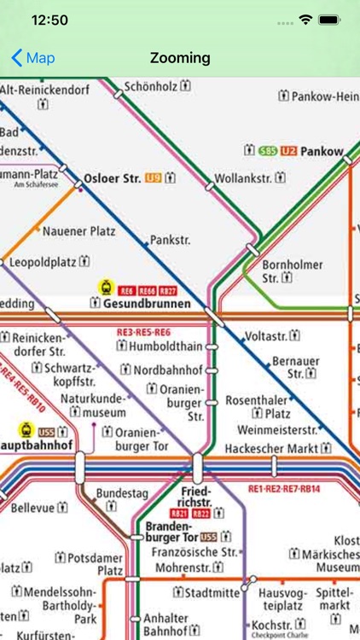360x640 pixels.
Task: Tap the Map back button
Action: pos(32,58)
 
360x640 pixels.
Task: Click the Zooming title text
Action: pos(179,58)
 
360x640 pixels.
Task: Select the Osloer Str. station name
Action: pos(113,179)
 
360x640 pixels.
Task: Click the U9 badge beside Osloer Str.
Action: pos(154,178)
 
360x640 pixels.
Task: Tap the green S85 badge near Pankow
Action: pos(268,151)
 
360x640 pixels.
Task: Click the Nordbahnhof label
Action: pos(168,370)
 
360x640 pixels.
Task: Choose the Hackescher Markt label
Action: pos(270,449)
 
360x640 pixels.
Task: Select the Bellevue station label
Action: pos(32,509)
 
